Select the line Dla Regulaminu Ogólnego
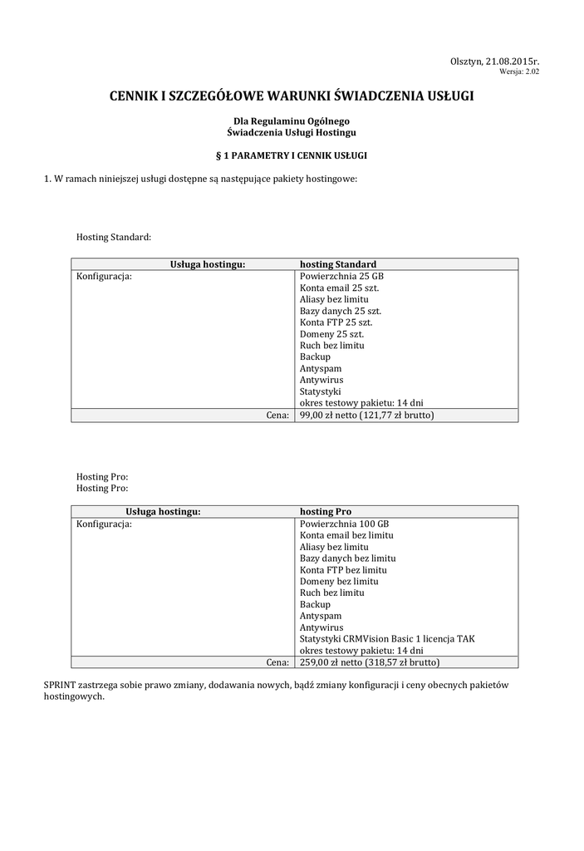coord(291,121)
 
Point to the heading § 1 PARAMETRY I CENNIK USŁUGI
coord(291,155)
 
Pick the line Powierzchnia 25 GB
coord(341,276)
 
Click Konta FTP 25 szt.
coord(336,322)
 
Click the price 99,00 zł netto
coord(328,415)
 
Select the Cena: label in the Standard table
coord(277,415)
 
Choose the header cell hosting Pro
coord(325,512)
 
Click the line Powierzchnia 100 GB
coord(344,524)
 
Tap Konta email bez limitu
coord(346,535)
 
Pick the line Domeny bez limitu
coord(339,582)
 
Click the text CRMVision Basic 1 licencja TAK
coord(410,639)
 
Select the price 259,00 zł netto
coord(331,662)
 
